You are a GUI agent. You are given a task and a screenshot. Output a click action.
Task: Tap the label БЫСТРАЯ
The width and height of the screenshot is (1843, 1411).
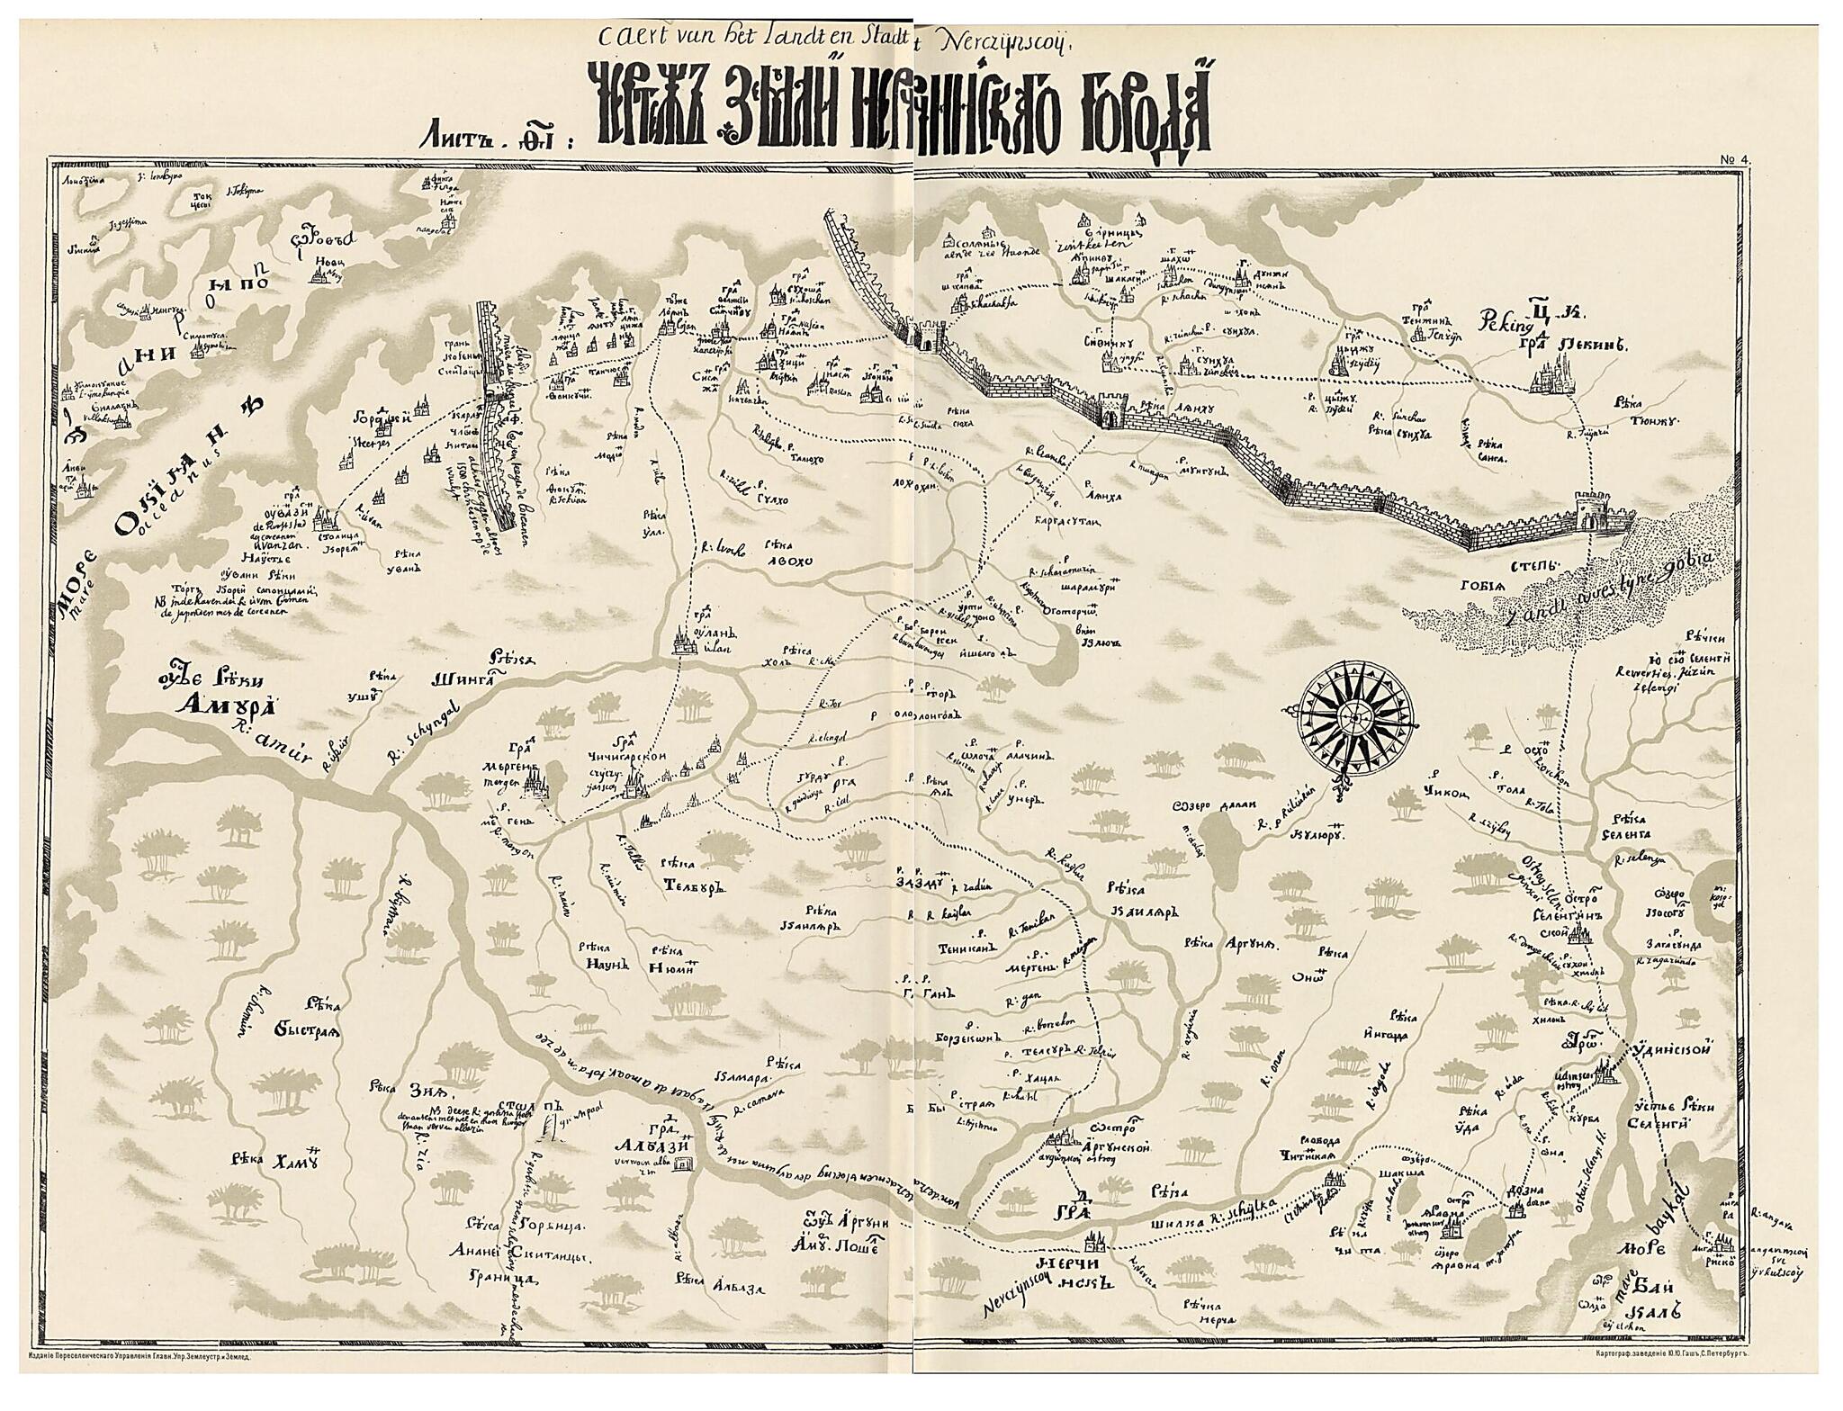tap(304, 1032)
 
